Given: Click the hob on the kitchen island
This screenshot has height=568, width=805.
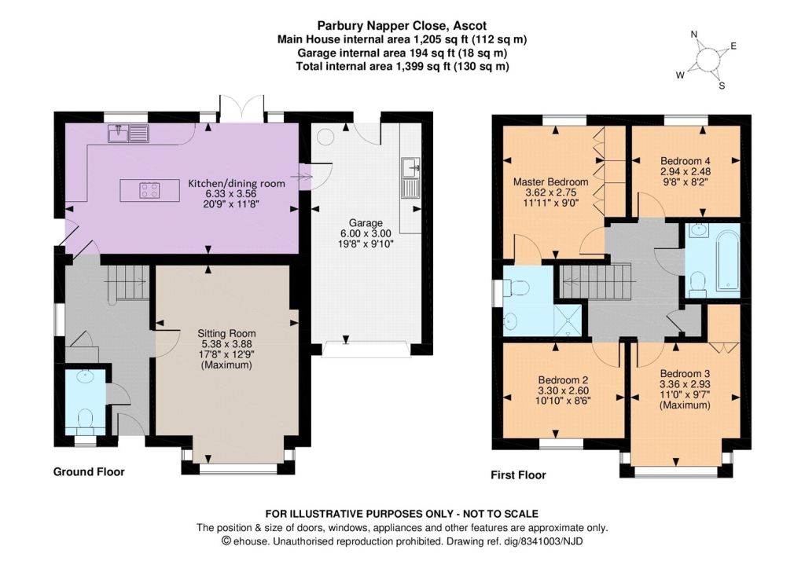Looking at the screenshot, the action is click(149, 190).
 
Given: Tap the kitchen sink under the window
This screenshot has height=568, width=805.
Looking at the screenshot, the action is click(128, 134).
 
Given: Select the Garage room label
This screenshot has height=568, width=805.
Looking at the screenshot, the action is click(366, 223).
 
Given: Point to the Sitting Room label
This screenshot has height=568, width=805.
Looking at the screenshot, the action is click(226, 334).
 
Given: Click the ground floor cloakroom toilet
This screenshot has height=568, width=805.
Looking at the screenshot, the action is click(84, 418).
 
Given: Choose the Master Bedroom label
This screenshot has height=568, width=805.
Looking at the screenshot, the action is click(551, 182).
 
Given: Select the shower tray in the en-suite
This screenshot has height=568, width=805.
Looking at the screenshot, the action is click(568, 321).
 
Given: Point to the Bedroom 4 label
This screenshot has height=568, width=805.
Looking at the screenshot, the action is click(686, 160).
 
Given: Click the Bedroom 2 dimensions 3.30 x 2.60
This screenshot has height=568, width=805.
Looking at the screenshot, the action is click(563, 390).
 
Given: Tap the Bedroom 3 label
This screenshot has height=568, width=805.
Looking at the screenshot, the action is click(685, 373).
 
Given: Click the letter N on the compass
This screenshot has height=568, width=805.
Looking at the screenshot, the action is click(694, 35).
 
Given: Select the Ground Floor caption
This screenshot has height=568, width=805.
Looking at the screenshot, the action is click(89, 472).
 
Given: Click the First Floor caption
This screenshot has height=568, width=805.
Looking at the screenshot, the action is click(518, 475).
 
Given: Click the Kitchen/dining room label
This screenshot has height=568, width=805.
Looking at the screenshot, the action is click(237, 184).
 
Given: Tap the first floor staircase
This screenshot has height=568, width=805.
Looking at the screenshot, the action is click(595, 281).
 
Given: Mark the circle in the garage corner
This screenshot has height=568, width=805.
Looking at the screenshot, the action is click(325, 137).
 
